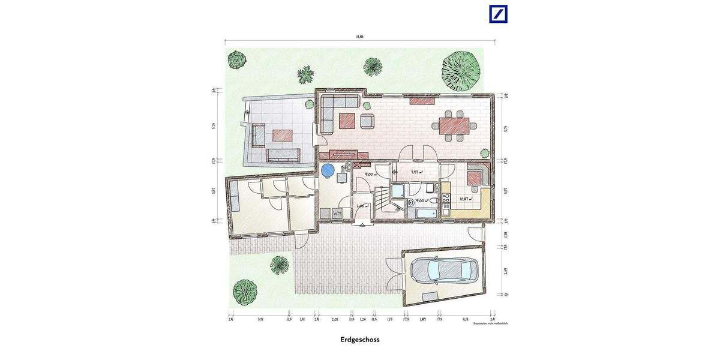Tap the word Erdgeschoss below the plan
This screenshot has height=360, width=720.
tap(360, 340)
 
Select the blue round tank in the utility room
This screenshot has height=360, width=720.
tap(327, 170)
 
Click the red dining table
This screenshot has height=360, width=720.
tap(455, 126)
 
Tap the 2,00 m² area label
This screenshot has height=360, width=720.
tap(362, 206)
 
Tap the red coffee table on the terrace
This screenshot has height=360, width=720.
tap(283, 135)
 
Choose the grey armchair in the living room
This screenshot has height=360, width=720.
tap(367, 122)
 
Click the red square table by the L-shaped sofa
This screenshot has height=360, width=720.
tap(347, 121)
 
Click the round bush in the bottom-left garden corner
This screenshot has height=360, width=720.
tap(245, 292)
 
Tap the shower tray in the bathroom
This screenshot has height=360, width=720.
tap(398, 192)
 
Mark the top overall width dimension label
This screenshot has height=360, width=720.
tap(359, 37)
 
